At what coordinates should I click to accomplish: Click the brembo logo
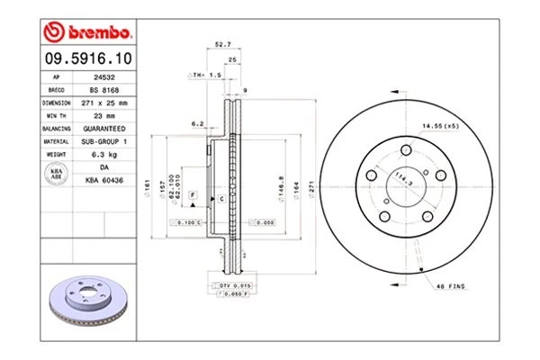coord(88,33)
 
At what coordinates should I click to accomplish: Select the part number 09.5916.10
coord(87,58)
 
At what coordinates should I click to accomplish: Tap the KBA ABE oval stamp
coord(55,173)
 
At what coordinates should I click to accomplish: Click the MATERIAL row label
coord(55,141)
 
